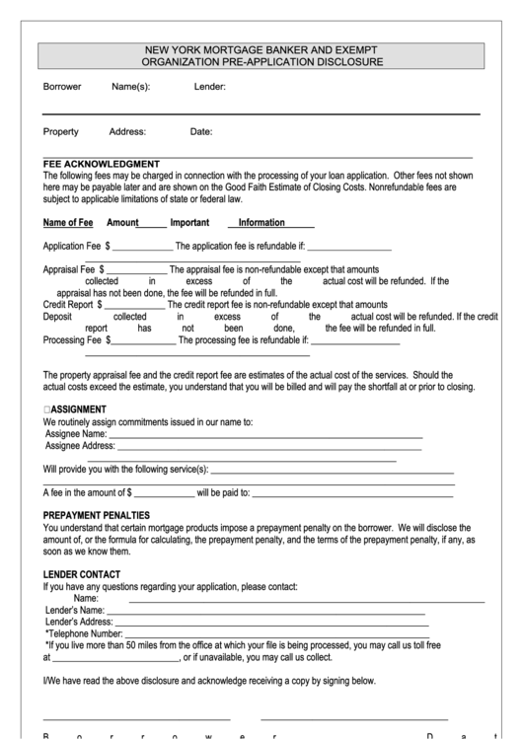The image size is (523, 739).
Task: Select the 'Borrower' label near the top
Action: point(62,87)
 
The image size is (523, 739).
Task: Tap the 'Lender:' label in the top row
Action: point(210,87)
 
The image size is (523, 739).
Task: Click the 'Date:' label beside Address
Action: point(200,131)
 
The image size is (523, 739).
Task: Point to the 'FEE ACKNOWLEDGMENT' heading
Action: point(102,164)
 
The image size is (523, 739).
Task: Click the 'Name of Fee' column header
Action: point(68,223)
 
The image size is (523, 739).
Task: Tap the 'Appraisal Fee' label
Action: point(69,269)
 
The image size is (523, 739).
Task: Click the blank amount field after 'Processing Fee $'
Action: point(144,340)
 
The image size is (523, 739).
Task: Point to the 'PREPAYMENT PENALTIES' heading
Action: point(97,515)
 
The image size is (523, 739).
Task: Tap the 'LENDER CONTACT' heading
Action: point(82,574)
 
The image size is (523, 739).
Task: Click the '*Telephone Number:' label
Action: point(78,633)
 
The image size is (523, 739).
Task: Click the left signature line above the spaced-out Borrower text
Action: point(136,717)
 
